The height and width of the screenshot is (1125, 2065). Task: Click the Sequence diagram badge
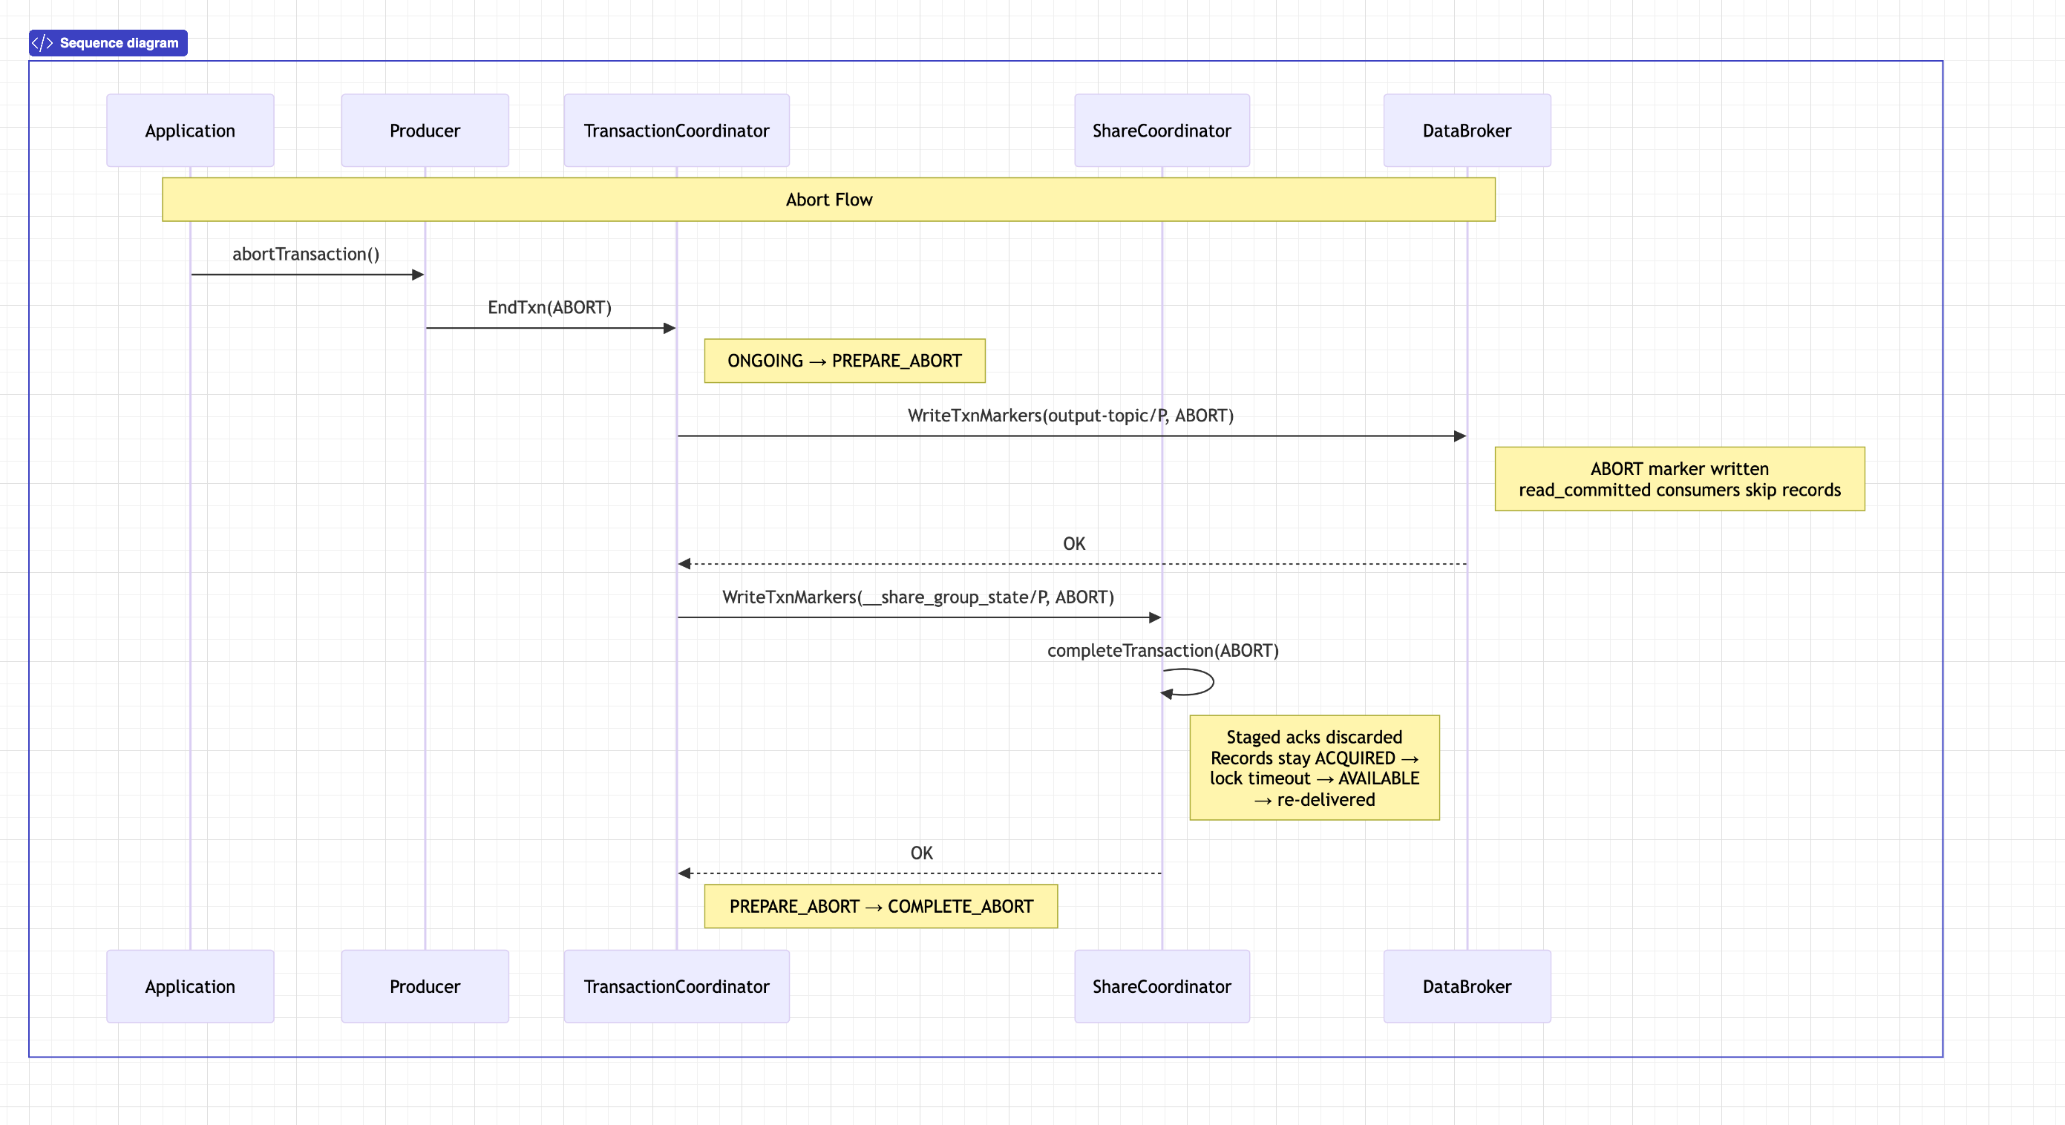pyautogui.click(x=108, y=43)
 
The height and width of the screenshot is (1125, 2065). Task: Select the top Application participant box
pyautogui.click(x=190, y=131)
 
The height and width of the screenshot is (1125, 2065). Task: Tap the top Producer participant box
pyautogui.click(x=425, y=131)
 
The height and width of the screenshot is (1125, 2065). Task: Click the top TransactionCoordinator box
pyautogui.click(x=676, y=131)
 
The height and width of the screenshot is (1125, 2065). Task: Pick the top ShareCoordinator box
pyautogui.click(x=1162, y=131)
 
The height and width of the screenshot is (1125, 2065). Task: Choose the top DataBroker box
pyautogui.click(x=1467, y=131)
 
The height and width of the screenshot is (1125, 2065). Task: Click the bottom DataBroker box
pyautogui.click(x=1467, y=986)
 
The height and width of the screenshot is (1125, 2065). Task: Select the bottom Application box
pyautogui.click(x=190, y=986)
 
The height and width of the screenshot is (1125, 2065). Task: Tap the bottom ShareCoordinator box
pyautogui.click(x=1162, y=986)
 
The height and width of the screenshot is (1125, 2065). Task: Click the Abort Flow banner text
pyautogui.click(x=829, y=200)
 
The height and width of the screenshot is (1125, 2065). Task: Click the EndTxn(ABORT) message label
pyautogui.click(x=550, y=308)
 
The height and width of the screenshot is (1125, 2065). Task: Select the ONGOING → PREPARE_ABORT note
pyautogui.click(x=845, y=361)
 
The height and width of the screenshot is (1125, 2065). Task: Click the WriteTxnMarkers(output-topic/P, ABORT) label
pyautogui.click(x=1071, y=415)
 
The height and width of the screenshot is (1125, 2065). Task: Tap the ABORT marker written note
pyautogui.click(x=1681, y=479)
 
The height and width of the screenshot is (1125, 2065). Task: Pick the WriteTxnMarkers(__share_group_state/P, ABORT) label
pyautogui.click(x=919, y=597)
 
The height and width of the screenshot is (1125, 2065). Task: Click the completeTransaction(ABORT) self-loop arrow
pyautogui.click(x=1213, y=682)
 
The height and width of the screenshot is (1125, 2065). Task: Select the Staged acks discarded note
pyautogui.click(x=1315, y=767)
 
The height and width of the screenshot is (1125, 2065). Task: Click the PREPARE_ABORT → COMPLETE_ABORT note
pyautogui.click(x=881, y=906)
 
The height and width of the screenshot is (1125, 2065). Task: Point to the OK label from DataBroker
pyautogui.click(x=1074, y=543)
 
